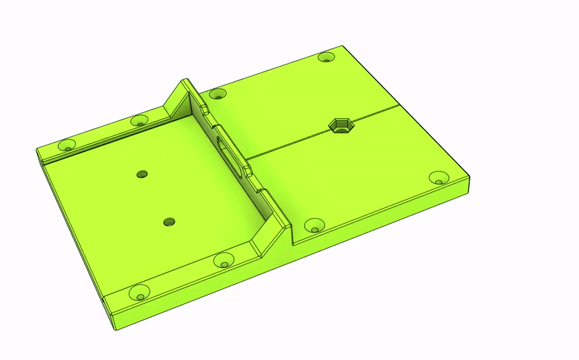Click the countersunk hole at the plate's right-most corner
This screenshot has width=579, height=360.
click(439, 177)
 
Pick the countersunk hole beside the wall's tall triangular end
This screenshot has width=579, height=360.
click(216, 93)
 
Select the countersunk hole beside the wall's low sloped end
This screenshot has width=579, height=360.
click(314, 226)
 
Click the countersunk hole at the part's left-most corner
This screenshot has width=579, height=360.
click(67, 146)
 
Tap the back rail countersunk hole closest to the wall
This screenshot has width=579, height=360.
click(139, 120)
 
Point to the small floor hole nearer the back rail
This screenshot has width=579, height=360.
click(142, 174)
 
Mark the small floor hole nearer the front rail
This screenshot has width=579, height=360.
click(169, 222)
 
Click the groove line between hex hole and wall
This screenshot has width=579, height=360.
click(289, 143)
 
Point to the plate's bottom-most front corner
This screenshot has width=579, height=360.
click(116, 330)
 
